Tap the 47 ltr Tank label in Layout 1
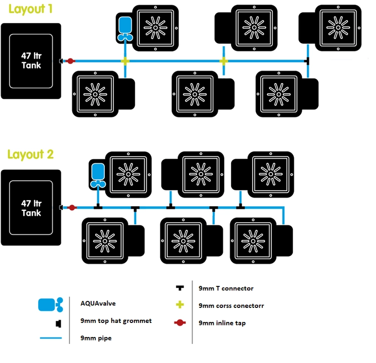(x=31, y=61)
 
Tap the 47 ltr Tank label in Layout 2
(x=31, y=208)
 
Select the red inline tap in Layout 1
(x=71, y=61)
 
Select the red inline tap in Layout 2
(x=72, y=207)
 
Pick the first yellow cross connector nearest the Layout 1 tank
(x=125, y=61)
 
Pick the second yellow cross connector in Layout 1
(x=224, y=61)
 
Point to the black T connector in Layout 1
(x=308, y=61)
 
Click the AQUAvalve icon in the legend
(x=50, y=304)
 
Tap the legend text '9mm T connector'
(x=226, y=288)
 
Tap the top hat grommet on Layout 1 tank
(x=61, y=61)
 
